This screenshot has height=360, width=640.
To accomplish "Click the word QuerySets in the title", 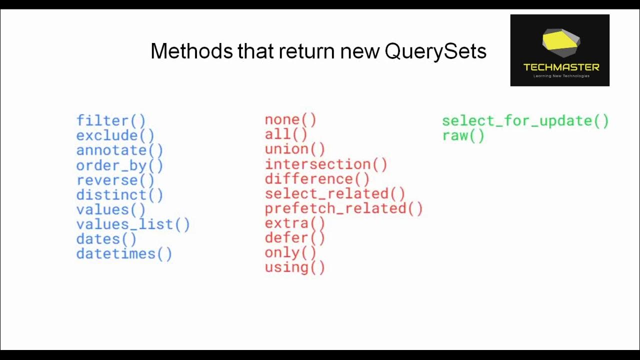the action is [435, 51].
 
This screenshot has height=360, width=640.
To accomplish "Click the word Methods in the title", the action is [191, 51].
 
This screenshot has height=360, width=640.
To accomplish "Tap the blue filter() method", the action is [111, 120].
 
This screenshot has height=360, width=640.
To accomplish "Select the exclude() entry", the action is [115, 135].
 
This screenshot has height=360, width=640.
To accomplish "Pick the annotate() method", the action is [119, 150].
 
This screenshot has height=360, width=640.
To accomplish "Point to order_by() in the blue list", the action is [119, 165].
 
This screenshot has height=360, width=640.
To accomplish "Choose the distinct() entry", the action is [119, 195].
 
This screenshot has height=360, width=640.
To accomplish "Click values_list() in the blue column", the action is [133, 224].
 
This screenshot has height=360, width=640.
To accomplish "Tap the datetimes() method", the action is [124, 254].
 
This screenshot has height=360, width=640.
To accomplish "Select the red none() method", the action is [290, 120].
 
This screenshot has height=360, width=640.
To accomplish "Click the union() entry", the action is [295, 149].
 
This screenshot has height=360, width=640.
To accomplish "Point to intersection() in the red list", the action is [326, 164].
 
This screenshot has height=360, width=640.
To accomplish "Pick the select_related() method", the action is [335, 194].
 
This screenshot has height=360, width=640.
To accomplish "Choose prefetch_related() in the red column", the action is [344, 208].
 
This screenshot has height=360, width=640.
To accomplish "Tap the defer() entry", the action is [295, 238].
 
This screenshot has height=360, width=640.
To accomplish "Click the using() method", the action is [295, 267].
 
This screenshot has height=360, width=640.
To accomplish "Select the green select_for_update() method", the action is [525, 121].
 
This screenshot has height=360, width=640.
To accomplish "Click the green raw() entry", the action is [463, 136].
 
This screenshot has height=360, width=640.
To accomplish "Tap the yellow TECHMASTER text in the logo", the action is [561, 67].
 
